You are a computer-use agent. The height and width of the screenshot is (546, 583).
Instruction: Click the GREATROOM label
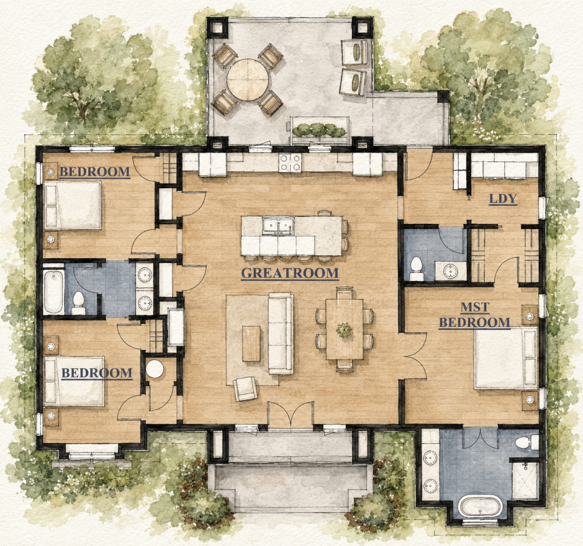point(290,273)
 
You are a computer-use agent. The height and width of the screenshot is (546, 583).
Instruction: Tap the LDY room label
point(503,199)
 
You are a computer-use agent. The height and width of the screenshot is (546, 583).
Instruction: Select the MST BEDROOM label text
point(474,315)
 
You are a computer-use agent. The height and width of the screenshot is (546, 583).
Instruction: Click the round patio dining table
point(248,80)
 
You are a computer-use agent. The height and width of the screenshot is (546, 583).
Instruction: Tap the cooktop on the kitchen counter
point(290,163)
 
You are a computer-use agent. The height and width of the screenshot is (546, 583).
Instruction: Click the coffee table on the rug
point(251,344)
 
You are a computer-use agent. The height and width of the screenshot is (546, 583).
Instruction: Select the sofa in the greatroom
point(281,333)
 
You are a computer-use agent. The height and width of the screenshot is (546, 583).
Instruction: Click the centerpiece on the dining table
point(345,329)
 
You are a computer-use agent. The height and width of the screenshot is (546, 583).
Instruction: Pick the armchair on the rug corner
point(245,388)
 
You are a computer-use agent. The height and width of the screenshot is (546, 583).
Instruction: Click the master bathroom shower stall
point(525,481)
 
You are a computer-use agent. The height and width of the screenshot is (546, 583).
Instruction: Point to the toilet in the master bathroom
point(527,442)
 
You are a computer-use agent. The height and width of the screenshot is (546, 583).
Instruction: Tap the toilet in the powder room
point(416,269)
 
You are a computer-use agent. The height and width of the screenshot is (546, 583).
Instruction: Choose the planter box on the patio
point(319,130)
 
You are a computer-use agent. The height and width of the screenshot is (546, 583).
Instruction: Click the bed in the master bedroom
point(506,358)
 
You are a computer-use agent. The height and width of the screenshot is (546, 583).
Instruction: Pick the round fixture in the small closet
point(155,369)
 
